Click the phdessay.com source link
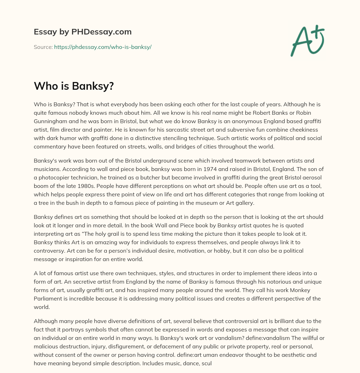point(103,47)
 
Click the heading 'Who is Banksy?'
point(74,86)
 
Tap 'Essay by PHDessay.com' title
point(83,32)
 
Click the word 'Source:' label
point(43,47)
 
